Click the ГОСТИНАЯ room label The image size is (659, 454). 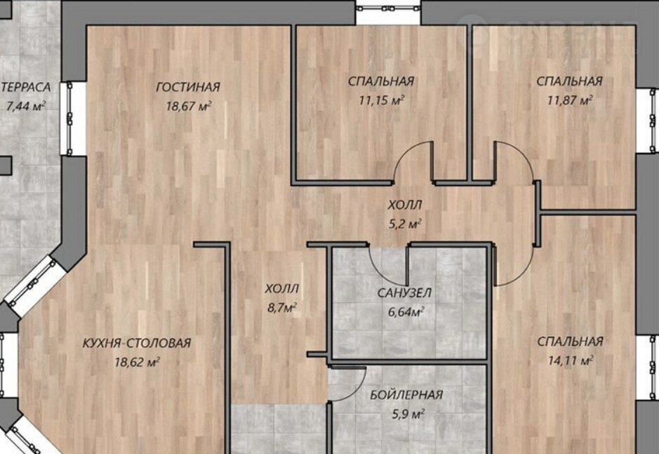pyautogui.click(x=188, y=87)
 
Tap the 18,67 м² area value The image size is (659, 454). pyautogui.click(x=188, y=105)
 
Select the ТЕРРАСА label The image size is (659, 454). pyautogui.click(x=26, y=87)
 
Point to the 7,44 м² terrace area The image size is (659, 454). pyautogui.click(x=26, y=105)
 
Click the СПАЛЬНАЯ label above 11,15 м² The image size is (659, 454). pyautogui.click(x=381, y=81)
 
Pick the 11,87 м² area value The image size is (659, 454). pyautogui.click(x=570, y=100)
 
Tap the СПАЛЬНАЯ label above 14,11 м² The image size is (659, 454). pyautogui.click(x=571, y=341)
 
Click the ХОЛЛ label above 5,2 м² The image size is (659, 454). pyautogui.click(x=405, y=205)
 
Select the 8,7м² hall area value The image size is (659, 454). pyautogui.click(x=282, y=308)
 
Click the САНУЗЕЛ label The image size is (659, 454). pyautogui.click(x=404, y=293)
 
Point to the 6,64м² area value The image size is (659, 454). pyautogui.click(x=404, y=312)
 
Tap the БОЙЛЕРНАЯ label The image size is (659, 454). pyautogui.click(x=406, y=395)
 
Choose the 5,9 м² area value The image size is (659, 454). pyautogui.click(x=408, y=414)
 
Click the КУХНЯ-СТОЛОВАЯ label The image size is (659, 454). pyautogui.click(x=137, y=343)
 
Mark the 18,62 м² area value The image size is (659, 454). pyautogui.click(x=137, y=361)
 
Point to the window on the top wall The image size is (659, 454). pyautogui.click(x=389, y=9)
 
